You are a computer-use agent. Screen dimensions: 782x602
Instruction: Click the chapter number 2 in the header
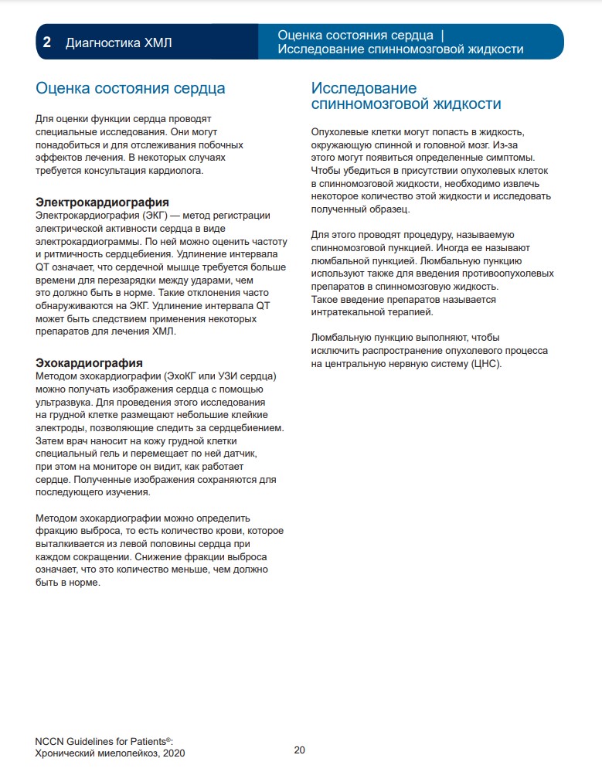[x=47, y=42]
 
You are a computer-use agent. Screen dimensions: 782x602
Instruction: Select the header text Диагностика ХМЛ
[x=119, y=42]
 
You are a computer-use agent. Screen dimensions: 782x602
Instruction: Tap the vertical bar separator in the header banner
[x=442, y=36]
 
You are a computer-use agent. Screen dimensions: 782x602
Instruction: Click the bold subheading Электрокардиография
[x=103, y=202]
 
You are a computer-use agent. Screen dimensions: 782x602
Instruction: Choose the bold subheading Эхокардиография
[x=90, y=363]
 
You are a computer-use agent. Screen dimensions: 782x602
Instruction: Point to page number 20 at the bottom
[x=300, y=750]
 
